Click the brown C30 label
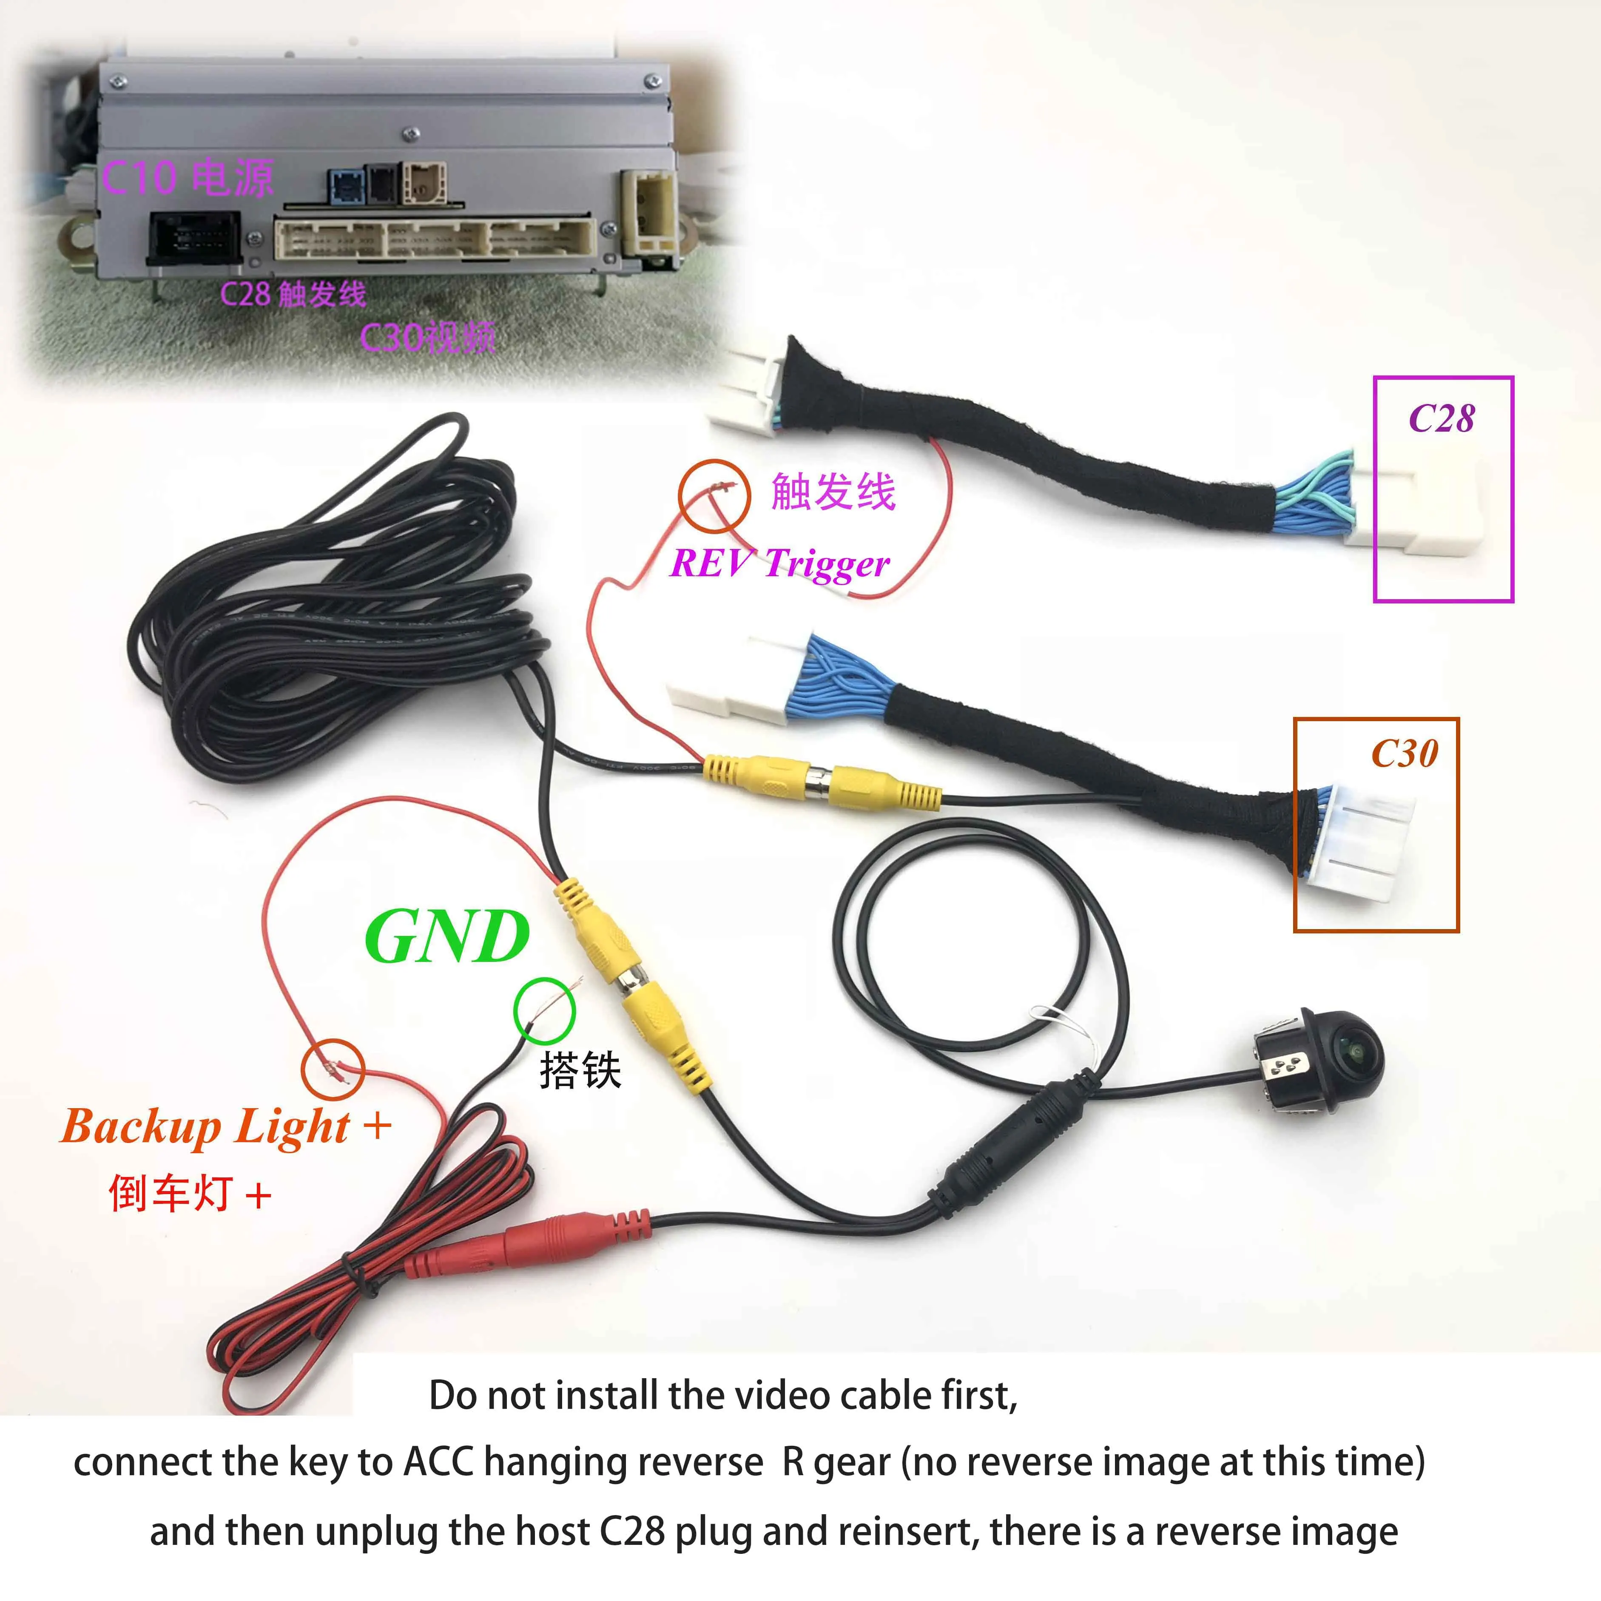pyautogui.click(x=1405, y=753)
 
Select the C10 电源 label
pyautogui.click(x=187, y=177)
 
